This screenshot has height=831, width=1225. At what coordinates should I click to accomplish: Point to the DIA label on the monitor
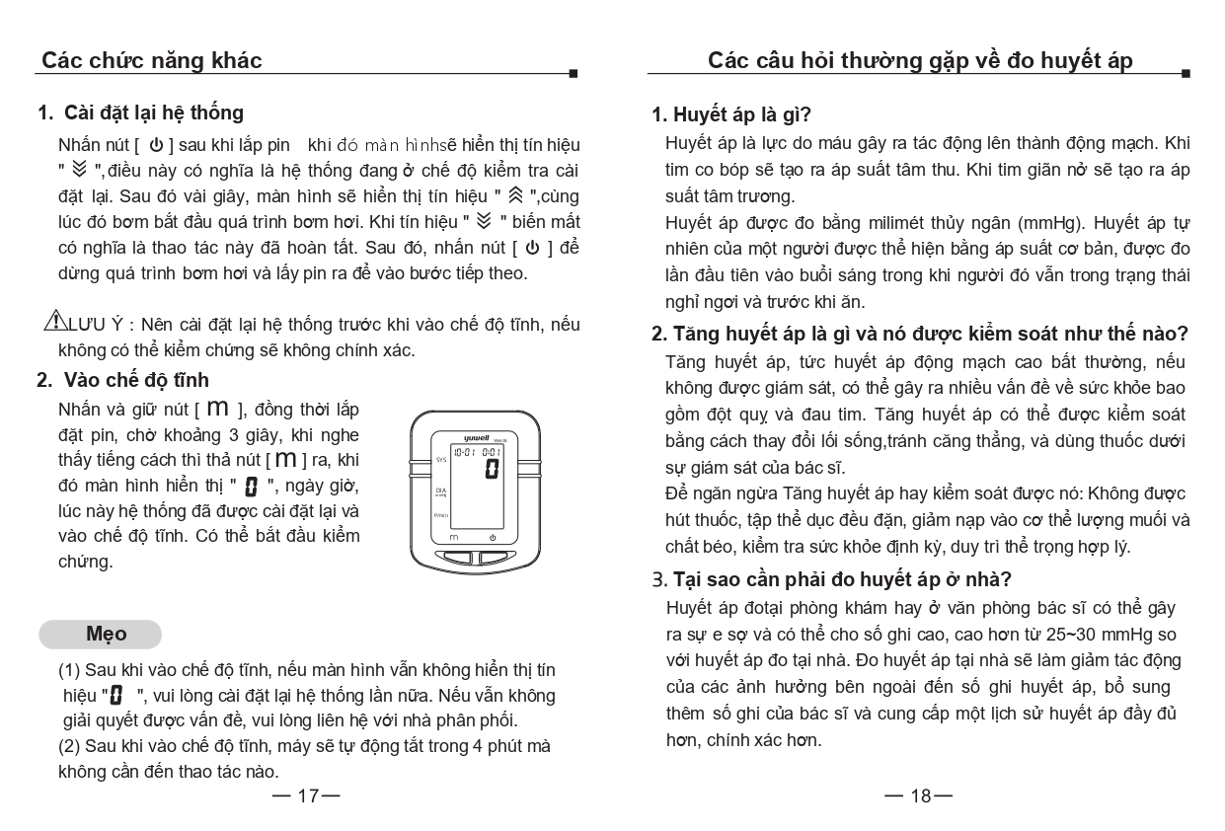pyautogui.click(x=440, y=489)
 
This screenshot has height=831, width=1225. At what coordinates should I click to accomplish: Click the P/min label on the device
pyautogui.click(x=441, y=515)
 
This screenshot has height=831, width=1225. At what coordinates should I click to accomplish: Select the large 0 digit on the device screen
pyautogui.click(x=491, y=470)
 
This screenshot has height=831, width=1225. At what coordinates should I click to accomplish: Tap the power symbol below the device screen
pyautogui.click(x=493, y=538)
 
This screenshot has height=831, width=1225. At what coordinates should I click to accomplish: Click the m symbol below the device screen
pyautogui.click(x=454, y=538)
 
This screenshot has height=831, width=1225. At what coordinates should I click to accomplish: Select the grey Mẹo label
pyautogui.click(x=100, y=634)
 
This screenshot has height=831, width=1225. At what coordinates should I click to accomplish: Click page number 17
pyautogui.click(x=307, y=795)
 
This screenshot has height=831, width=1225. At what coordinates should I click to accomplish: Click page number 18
pyautogui.click(x=919, y=795)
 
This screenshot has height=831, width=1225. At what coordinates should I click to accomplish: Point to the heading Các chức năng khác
pyautogui.click(x=152, y=60)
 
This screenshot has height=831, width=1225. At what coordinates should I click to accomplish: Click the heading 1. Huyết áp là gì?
pyautogui.click(x=731, y=114)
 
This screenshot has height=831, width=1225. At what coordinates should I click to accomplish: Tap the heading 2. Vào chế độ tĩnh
pyautogui.click(x=123, y=380)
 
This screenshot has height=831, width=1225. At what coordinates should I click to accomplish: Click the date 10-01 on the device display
pyautogui.click(x=464, y=451)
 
